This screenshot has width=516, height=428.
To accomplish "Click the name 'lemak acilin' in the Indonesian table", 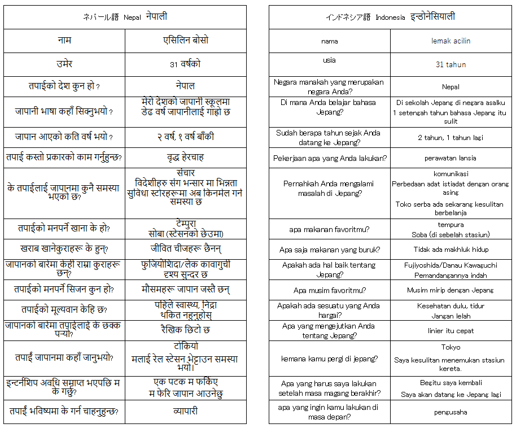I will coord(451,41).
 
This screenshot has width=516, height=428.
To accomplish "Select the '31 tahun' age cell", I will coord(451,64).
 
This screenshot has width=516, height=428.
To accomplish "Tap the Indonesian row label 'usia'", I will coord(329,60).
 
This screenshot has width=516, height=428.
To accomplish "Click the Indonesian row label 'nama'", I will coord(329,41).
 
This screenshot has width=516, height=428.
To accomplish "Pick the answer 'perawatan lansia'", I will coord(451,158).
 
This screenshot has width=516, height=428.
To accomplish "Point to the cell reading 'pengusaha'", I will coord(451,412).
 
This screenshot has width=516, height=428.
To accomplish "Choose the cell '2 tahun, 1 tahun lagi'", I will coord(451,137).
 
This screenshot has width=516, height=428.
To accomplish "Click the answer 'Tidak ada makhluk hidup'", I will coord(451,250).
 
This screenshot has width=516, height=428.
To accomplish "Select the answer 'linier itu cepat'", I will coord(451,331).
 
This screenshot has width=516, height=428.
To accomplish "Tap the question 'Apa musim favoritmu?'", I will coord(329,290).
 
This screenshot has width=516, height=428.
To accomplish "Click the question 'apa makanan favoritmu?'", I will coord(329,229).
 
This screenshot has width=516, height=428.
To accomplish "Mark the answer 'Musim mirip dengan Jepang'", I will coord(451,290).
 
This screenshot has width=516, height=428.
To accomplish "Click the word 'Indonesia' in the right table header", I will coord(389,18).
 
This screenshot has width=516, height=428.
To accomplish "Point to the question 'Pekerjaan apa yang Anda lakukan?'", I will coord(329,158).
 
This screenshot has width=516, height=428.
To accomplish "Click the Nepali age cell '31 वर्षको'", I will coord(185,64).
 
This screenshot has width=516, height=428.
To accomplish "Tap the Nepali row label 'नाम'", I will coord(64,41).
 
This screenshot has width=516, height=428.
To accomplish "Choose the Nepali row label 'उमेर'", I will coord(64,64).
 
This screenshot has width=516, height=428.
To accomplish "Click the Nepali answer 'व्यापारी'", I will coord(185,412).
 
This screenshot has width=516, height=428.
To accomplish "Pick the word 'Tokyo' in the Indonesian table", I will coord(451,347).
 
